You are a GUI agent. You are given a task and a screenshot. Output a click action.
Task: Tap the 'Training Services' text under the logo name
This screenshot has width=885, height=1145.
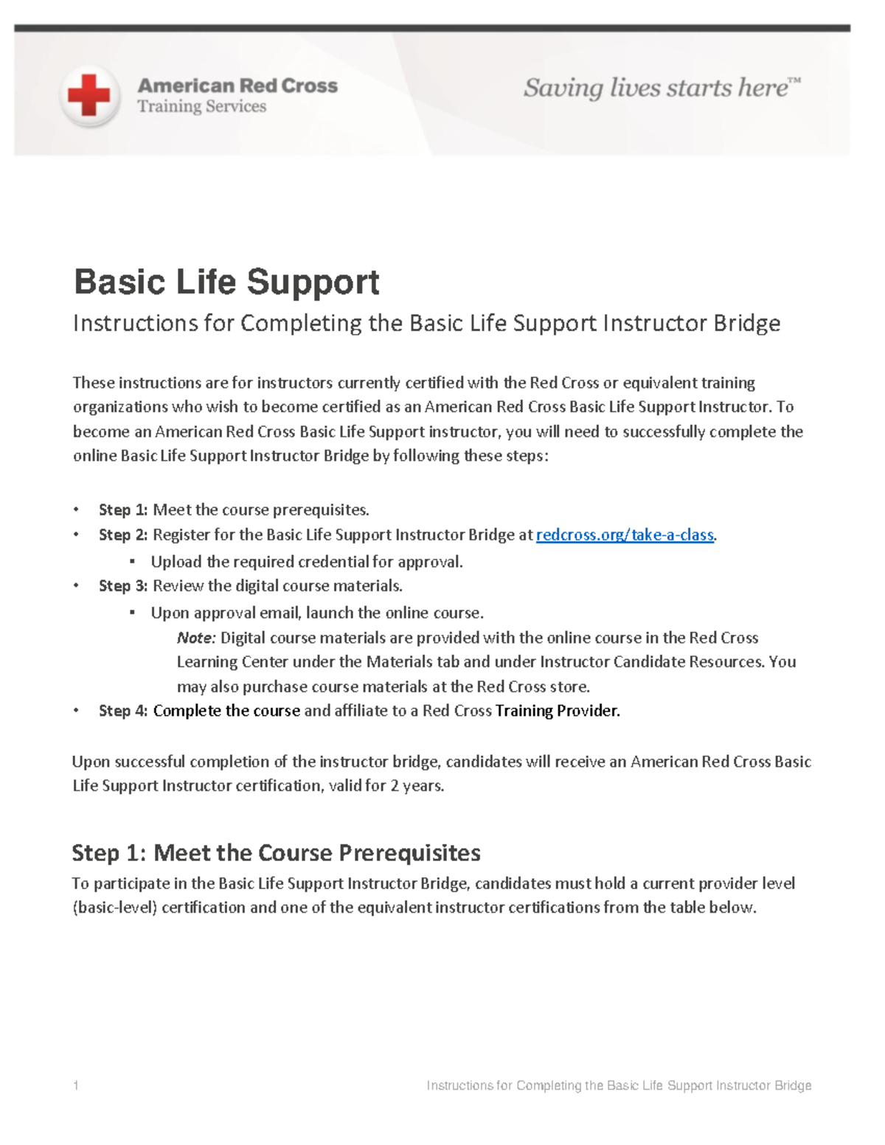[201, 107]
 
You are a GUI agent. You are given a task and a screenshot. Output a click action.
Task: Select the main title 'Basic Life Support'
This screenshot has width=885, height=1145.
[226, 282]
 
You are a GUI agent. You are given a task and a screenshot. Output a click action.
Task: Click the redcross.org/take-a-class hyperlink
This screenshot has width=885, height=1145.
[625, 535]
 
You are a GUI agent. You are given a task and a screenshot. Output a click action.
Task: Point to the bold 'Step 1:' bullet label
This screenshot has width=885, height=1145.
[123, 510]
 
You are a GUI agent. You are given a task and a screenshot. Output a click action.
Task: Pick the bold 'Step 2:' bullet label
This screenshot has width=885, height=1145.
[123, 535]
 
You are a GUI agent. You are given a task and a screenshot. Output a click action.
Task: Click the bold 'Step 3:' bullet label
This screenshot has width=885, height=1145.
[123, 586]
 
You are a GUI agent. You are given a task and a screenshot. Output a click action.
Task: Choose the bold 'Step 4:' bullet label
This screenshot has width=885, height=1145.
[123, 711]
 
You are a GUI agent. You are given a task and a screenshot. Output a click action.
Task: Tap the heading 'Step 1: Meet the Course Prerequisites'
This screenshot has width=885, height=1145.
[276, 853]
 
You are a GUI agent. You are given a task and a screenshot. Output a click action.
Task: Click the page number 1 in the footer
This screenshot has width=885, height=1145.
[76, 1085]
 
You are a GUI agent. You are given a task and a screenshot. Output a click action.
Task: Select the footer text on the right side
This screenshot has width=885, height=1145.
[619, 1085]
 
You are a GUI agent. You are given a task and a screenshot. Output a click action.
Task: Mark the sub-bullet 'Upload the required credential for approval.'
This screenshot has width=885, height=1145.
[307, 562]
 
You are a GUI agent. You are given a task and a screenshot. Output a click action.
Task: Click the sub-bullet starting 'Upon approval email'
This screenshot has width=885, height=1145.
[317, 613]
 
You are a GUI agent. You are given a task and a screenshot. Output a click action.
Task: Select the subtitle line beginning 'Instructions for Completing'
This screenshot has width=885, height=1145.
[426, 323]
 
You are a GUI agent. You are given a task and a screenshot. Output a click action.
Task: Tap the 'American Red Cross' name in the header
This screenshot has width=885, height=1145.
[237, 86]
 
